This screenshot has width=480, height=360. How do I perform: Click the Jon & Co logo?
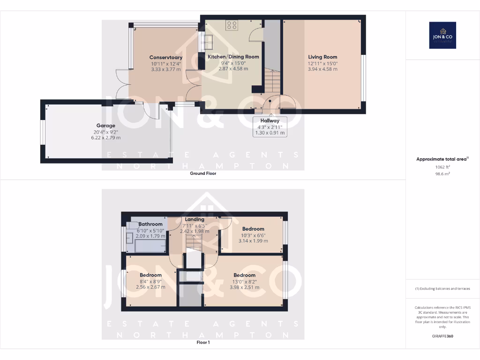tap(442, 35)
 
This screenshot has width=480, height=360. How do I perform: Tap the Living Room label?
tap(322, 57)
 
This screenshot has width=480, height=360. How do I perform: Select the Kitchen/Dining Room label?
tap(233, 57)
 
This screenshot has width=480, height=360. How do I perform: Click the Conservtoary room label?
tap(166, 58)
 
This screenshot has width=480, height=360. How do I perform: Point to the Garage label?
tap(105, 126)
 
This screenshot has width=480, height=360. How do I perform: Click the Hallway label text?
tap(270, 121)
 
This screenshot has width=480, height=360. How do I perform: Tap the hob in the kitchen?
tap(232, 25)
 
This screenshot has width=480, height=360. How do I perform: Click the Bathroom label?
tap(150, 224)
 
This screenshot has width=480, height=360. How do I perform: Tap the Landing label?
tap(195, 219)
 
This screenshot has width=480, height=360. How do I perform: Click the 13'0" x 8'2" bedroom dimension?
tap(244, 281)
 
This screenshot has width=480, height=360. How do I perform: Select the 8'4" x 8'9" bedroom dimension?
tap(150, 281)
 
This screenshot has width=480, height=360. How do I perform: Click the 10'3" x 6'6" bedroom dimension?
tap(253, 235)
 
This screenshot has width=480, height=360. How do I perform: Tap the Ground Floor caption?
tap(203, 173)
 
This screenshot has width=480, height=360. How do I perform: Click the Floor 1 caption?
tap(203, 343)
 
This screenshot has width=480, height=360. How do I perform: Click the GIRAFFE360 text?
tap(442, 336)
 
